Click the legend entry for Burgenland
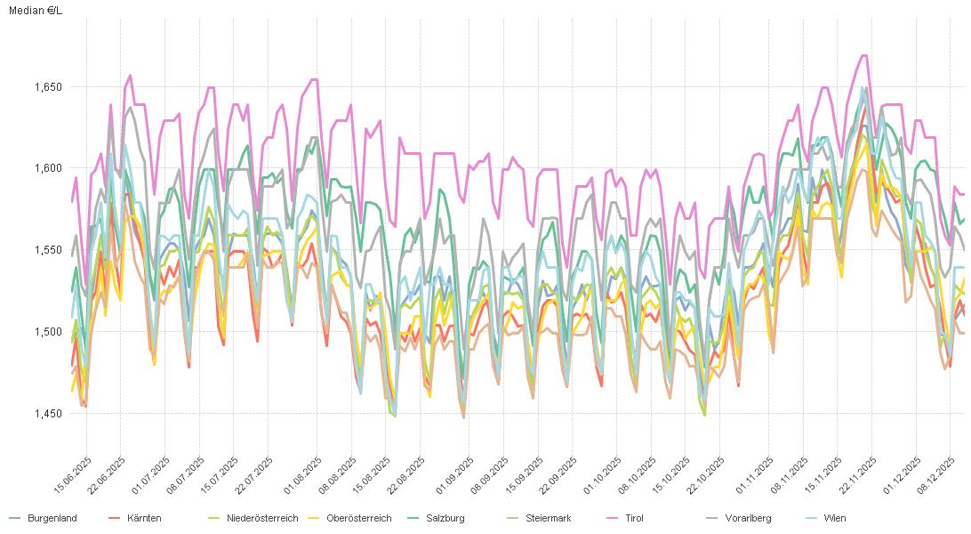click(52, 518)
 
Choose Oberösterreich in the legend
click(358, 518)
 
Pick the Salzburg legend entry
click(445, 518)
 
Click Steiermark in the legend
click(548, 518)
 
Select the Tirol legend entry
click(634, 518)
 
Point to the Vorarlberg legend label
click(748, 518)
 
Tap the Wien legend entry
click(834, 518)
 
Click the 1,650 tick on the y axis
click(48, 87)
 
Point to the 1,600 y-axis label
click(48, 168)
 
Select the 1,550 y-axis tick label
click(48, 250)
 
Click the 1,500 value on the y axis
click(48, 332)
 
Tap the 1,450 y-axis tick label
click(48, 414)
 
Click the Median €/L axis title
click(36, 11)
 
